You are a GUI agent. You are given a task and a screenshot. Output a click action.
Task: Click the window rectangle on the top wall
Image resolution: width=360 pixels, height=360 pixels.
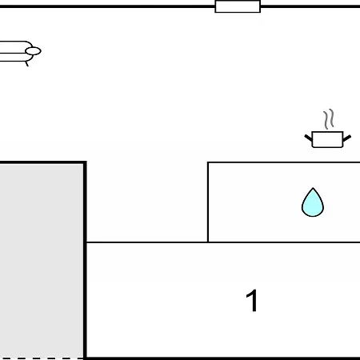[238, 6]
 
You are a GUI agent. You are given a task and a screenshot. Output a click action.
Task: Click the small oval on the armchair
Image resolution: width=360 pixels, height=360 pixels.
[33, 51]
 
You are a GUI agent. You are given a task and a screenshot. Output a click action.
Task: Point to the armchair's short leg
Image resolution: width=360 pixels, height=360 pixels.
[26, 64]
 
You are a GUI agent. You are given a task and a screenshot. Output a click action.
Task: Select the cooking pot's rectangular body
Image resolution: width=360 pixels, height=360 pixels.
[327, 139]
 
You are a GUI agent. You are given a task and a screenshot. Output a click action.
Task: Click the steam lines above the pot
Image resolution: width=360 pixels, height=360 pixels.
[329, 119]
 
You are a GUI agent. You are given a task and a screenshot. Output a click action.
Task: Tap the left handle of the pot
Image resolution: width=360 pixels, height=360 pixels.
[308, 138]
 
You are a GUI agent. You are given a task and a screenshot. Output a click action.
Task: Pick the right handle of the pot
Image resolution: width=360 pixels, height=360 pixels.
[347, 138]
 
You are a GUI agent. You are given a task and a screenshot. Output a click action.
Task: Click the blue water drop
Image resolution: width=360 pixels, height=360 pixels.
[313, 202]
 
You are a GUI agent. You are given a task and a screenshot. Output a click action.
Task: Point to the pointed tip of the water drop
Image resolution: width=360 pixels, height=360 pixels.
[313, 188]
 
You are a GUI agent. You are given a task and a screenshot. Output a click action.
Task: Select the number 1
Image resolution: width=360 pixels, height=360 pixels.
[252, 301]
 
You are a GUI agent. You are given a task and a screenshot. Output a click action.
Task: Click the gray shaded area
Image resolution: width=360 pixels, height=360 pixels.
[42, 261]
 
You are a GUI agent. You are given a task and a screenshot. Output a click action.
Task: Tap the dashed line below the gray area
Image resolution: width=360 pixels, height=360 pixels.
[42, 358]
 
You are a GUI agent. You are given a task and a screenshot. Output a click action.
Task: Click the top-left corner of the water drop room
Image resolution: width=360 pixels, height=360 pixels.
[208, 162]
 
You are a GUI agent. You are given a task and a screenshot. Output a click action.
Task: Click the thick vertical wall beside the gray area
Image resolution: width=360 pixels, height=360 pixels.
[85, 260]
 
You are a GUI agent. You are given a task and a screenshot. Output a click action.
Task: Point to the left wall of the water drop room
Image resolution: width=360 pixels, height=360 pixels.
[208, 202]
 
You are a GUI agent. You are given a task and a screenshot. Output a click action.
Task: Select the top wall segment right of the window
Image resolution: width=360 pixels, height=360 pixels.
[310, 6]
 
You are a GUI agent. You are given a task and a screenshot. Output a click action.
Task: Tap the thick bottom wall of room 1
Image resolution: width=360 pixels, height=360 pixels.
[223, 358]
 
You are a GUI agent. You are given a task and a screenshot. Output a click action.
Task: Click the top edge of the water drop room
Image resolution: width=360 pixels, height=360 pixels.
[284, 162]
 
